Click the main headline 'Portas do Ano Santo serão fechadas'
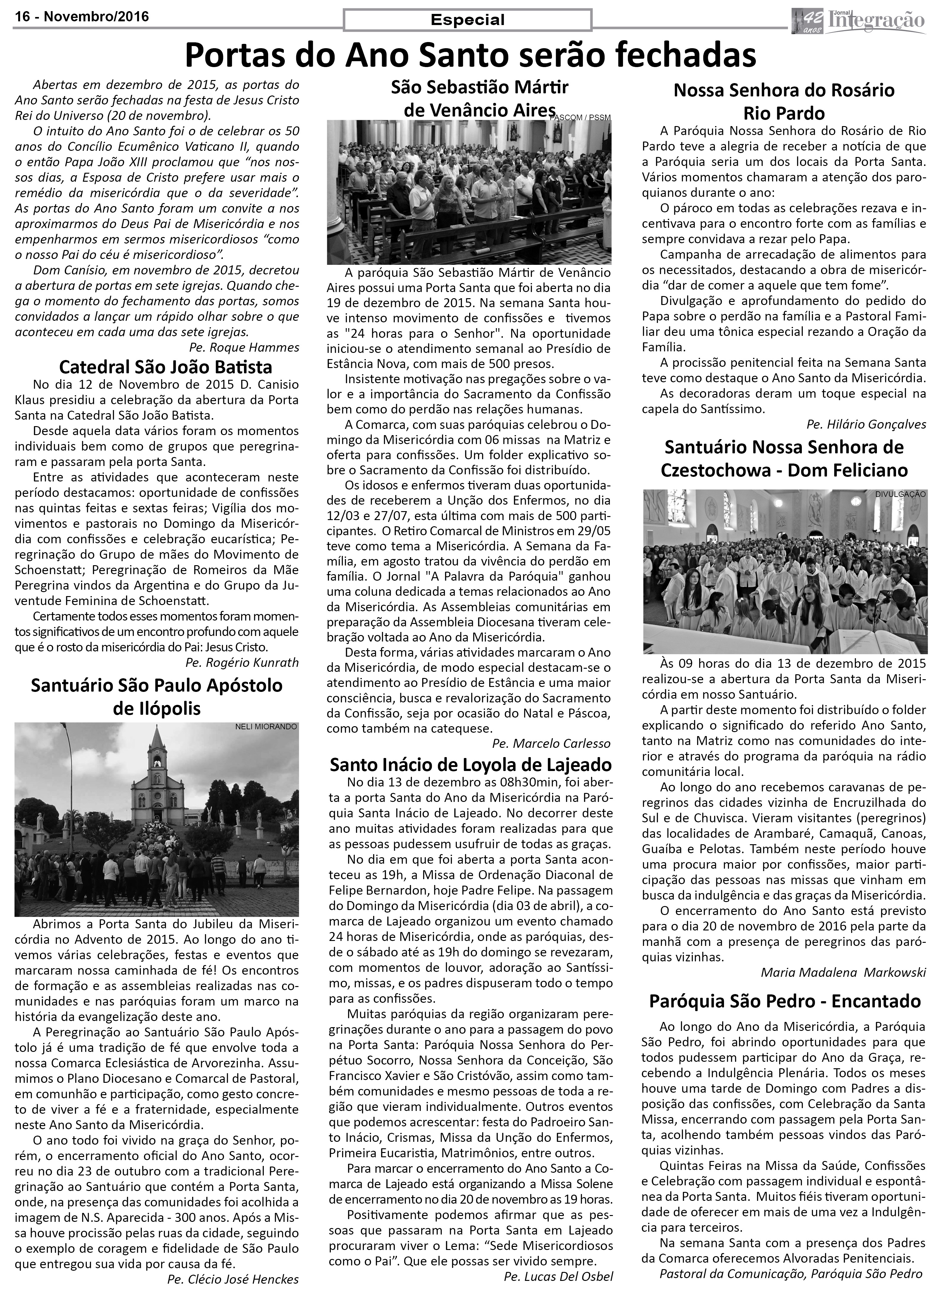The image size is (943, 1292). (471, 56)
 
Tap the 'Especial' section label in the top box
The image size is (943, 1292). (468, 20)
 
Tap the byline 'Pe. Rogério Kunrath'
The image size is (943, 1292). (242, 662)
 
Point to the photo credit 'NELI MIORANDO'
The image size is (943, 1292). (266, 727)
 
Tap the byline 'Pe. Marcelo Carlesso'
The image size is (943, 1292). (551, 743)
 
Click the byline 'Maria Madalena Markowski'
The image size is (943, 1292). (843, 972)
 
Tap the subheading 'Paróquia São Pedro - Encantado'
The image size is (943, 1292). (785, 1001)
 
